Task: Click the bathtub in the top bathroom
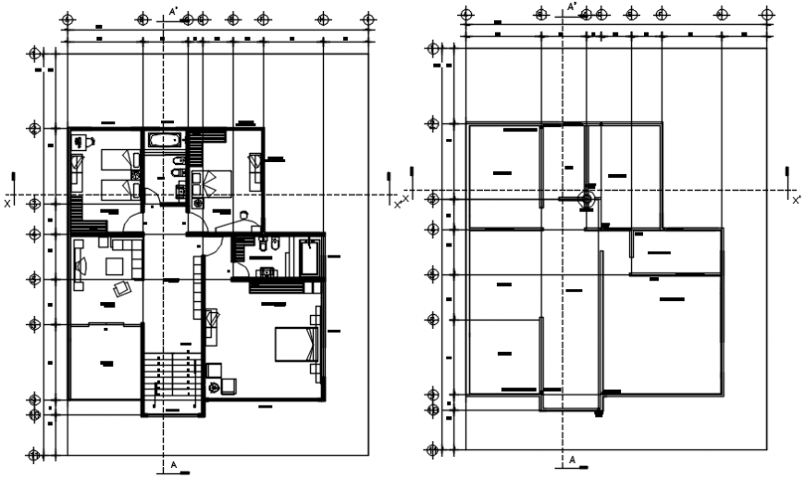164,142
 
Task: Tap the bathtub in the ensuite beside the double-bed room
309,257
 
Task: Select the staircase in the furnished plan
171,382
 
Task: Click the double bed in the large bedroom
296,345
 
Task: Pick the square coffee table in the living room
118,267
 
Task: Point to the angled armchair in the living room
122,289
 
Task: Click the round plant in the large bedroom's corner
215,386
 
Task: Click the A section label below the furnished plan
173,462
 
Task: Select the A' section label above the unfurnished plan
572,7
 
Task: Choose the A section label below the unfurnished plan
572,459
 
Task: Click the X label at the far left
7,201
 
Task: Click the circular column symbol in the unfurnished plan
585,198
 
